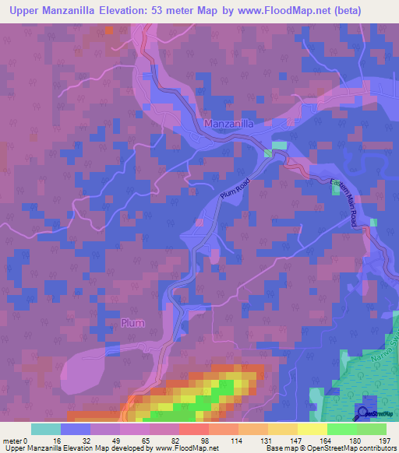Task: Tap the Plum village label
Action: [x=132, y=323]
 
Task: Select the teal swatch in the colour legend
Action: [x=46, y=429]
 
